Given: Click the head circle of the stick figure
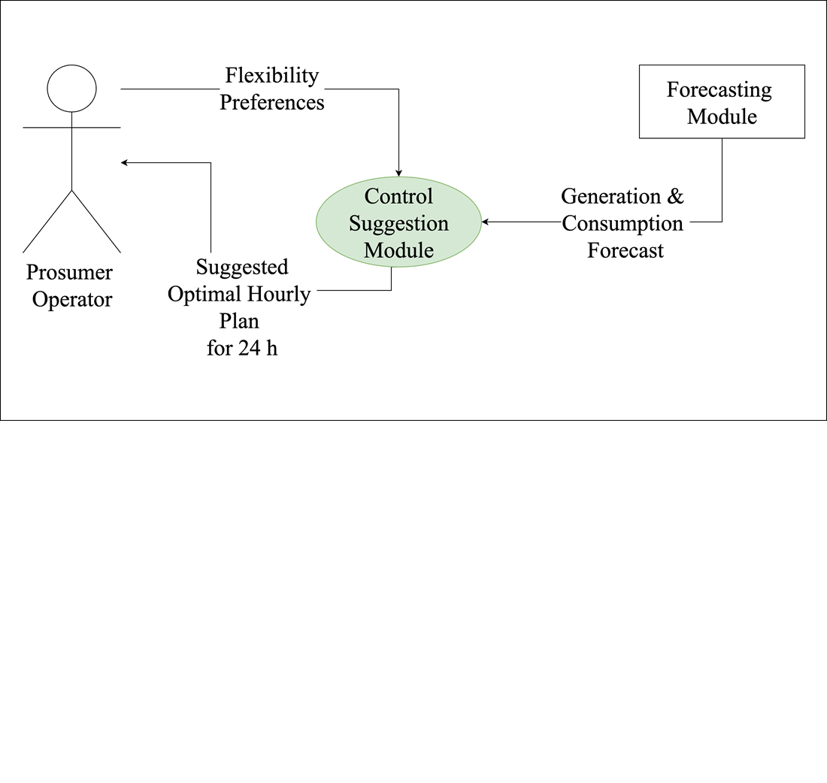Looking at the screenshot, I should click(72, 88).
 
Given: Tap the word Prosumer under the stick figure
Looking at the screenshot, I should click(69, 272).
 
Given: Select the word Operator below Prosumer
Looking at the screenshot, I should click(72, 299).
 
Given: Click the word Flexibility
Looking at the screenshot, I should click(272, 76).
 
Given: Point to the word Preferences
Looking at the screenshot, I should click(272, 102).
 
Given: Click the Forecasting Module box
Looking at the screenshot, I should click(722, 101).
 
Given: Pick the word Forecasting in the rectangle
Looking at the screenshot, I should click(719, 90).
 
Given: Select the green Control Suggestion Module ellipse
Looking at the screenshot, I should click(398, 222).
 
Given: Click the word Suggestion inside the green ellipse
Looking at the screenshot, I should click(398, 223).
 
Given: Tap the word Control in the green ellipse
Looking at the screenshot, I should click(398, 197).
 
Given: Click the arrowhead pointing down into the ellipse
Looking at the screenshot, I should click(398, 173).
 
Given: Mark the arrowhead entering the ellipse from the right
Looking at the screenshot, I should click(486, 222).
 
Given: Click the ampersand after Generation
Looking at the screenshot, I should click(674, 197).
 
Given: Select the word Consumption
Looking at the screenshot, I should click(623, 223).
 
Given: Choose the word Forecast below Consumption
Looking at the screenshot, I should click(625, 250).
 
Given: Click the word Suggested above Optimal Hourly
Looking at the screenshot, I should click(242, 268).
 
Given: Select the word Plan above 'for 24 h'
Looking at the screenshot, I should click(239, 322).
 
